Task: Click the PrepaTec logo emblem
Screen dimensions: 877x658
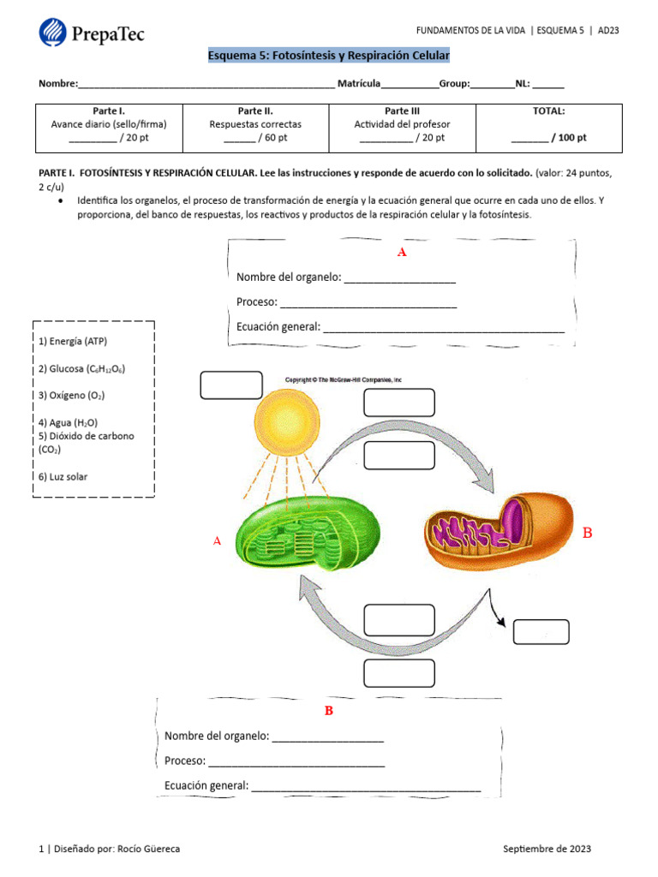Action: point(53,33)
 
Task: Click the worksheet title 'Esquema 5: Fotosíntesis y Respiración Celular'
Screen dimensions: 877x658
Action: point(329,56)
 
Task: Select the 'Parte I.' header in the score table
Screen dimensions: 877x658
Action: point(109,111)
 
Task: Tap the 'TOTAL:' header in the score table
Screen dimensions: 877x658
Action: point(548,111)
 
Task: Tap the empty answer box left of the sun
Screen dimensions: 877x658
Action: point(231,385)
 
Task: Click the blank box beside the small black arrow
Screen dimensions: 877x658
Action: point(541,632)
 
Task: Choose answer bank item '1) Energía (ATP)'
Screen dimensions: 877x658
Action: point(73,341)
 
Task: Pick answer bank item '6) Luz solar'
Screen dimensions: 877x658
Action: point(63,477)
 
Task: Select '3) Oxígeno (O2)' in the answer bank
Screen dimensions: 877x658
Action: point(71,396)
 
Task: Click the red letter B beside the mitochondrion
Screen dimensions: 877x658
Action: point(587,534)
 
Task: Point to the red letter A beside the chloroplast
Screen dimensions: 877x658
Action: point(217,541)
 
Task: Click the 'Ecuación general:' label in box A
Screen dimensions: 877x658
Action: point(278,326)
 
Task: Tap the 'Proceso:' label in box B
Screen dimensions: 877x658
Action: point(185,761)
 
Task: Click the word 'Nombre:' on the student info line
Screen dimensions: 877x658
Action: point(57,84)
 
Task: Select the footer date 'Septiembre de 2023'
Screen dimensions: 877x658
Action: point(547,849)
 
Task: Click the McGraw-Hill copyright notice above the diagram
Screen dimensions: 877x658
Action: point(343,379)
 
